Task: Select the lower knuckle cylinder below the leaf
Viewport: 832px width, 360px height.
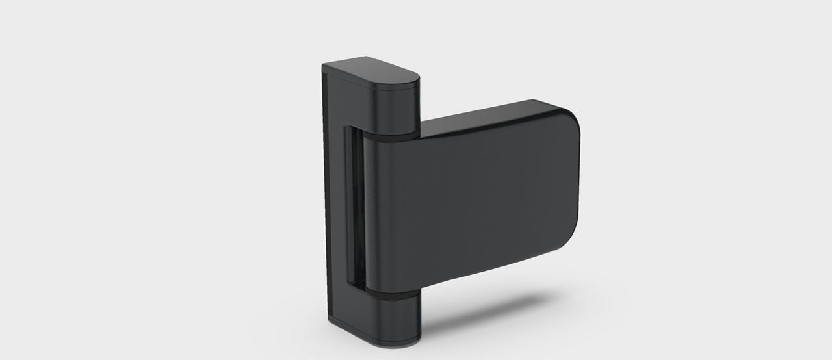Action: coord(390,318)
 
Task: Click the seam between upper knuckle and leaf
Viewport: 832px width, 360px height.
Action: coord(390,138)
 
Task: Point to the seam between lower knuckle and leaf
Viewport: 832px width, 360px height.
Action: coord(390,296)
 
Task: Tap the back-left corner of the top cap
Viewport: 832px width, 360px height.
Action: coord(325,66)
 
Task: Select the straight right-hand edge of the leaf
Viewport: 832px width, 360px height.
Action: coord(578,182)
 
